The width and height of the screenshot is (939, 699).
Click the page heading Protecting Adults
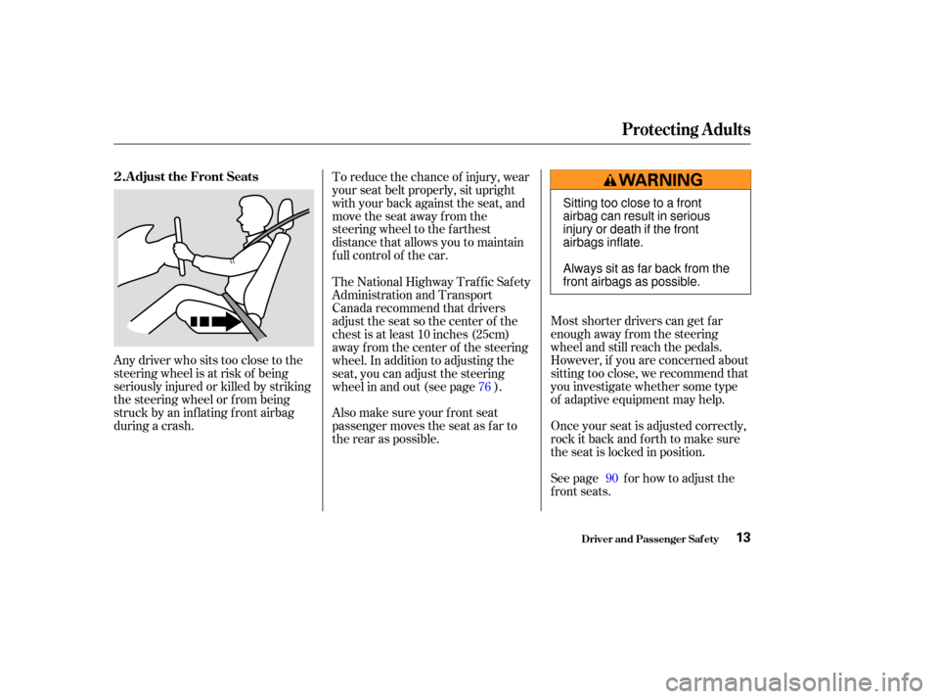[686, 129]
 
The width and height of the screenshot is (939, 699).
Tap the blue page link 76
[484, 387]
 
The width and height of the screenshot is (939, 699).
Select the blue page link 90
[611, 479]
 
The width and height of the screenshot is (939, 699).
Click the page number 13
[743, 537]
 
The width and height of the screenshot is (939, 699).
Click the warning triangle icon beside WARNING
[609, 180]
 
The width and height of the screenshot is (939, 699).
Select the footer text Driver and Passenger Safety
[649, 539]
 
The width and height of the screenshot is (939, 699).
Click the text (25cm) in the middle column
[490, 335]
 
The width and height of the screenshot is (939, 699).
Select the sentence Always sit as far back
[647, 275]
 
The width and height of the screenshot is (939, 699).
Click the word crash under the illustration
[176, 426]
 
